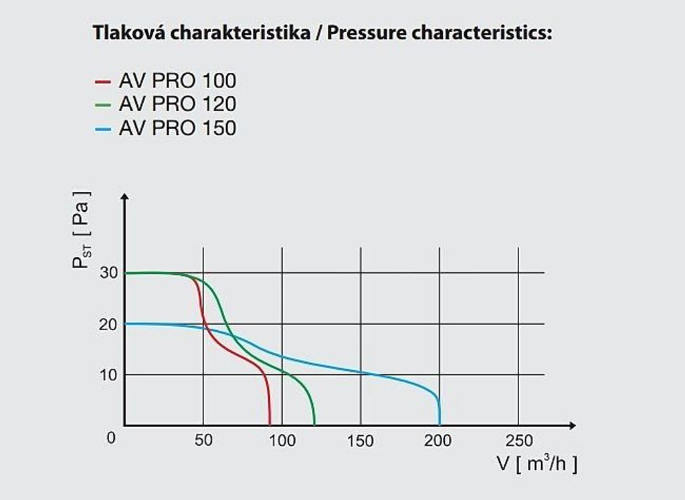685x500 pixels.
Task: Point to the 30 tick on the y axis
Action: click(x=109, y=273)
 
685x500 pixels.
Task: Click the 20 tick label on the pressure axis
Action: click(x=109, y=324)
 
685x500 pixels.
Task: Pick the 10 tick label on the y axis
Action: click(x=109, y=374)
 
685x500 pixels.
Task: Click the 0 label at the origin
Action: click(x=111, y=438)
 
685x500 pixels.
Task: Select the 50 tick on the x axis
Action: click(x=203, y=441)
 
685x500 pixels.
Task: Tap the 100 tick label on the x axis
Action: click(x=282, y=441)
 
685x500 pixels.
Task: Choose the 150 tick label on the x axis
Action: click(x=361, y=441)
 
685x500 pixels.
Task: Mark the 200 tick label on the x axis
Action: click(x=439, y=441)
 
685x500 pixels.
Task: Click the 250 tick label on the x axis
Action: click(x=518, y=441)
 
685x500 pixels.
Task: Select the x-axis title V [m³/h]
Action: click(x=536, y=463)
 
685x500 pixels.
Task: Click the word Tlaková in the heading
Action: click(x=128, y=33)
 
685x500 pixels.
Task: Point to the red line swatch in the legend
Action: click(x=102, y=82)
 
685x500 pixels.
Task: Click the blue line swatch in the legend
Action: click(x=102, y=128)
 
